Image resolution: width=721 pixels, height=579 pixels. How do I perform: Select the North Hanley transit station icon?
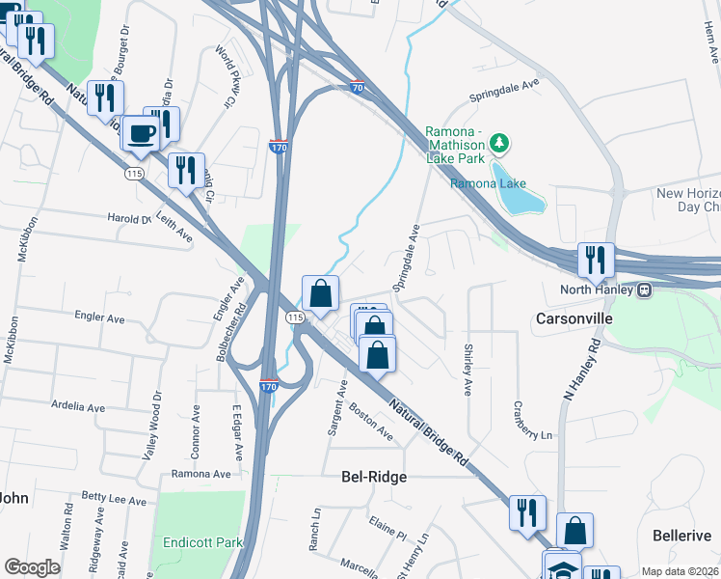[643, 289]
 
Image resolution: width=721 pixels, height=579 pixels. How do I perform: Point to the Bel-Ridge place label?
[374, 477]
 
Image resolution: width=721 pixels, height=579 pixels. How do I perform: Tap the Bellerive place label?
[681, 536]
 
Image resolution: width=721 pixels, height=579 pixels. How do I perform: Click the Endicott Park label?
[202, 542]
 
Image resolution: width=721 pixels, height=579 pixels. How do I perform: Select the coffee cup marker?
[142, 133]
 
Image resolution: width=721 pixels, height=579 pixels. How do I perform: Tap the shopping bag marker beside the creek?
[320, 292]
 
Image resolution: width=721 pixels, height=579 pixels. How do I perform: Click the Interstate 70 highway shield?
[358, 87]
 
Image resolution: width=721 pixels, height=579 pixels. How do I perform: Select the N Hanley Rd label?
[581, 372]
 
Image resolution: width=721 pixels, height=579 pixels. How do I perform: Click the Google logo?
[32, 567]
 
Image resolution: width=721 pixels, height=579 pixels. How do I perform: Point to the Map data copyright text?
[680, 571]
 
